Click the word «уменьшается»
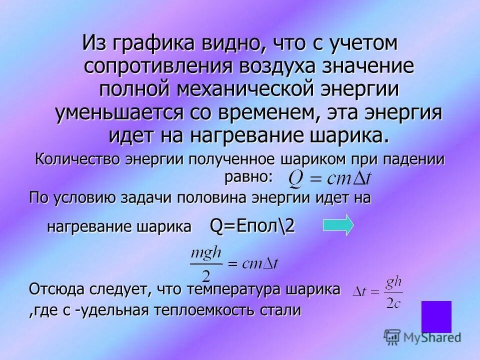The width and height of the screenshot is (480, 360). pyautogui.click(x=119, y=113)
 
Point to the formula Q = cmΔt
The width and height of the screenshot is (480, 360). pyautogui.click(x=327, y=176)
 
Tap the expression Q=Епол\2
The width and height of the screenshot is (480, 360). pyautogui.click(x=252, y=226)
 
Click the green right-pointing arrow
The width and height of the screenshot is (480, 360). pyautogui.click(x=338, y=224)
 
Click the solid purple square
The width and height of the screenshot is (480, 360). pyautogui.click(x=436, y=316)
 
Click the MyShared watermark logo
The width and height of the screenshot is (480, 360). pyautogui.click(x=422, y=337)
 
